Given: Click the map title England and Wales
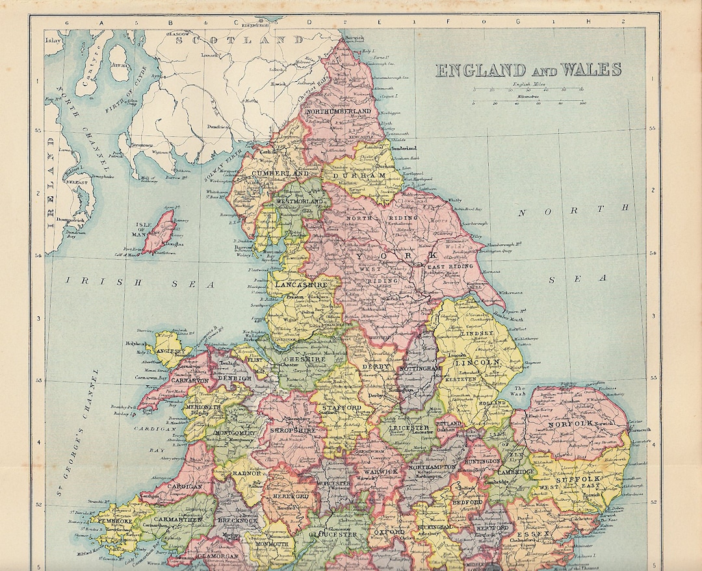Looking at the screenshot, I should pyautogui.click(x=528, y=70).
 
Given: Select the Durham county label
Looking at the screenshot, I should pyautogui.click(x=356, y=176).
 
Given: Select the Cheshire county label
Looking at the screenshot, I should pyautogui.click(x=308, y=356).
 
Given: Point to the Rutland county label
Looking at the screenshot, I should pyautogui.click(x=452, y=424).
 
